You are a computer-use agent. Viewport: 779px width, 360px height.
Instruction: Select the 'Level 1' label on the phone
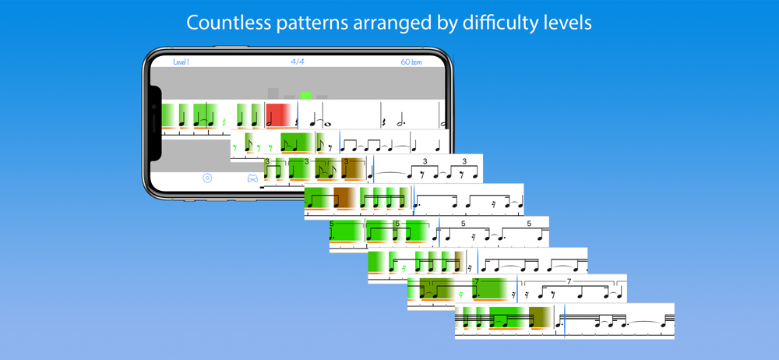[x=181, y=62]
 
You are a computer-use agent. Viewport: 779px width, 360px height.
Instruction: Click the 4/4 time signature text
[x=298, y=62]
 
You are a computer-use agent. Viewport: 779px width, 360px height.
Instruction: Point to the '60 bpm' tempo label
[x=411, y=62]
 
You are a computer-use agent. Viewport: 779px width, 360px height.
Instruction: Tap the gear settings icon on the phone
[x=207, y=178]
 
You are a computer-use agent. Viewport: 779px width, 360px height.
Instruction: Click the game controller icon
[x=253, y=178]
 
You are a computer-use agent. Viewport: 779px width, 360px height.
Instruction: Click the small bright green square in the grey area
[x=306, y=95]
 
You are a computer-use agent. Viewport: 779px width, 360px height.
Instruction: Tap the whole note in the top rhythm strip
[x=327, y=124]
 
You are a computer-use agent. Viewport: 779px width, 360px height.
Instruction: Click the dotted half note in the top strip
[x=401, y=120]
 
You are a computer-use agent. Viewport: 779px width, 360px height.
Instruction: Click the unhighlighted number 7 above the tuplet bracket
[x=569, y=281]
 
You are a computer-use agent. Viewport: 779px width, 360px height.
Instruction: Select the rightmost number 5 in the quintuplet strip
[x=529, y=224]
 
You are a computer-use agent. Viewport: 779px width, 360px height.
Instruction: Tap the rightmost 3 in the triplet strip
[x=464, y=161]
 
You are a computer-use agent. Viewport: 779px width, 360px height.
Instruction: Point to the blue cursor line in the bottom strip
[x=564, y=321]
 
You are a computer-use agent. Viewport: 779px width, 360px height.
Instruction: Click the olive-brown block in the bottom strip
[x=540, y=318]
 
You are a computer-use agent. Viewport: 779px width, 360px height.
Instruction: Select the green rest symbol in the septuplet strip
[x=461, y=295]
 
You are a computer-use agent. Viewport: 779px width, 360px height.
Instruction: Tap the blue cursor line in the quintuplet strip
[x=439, y=231]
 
